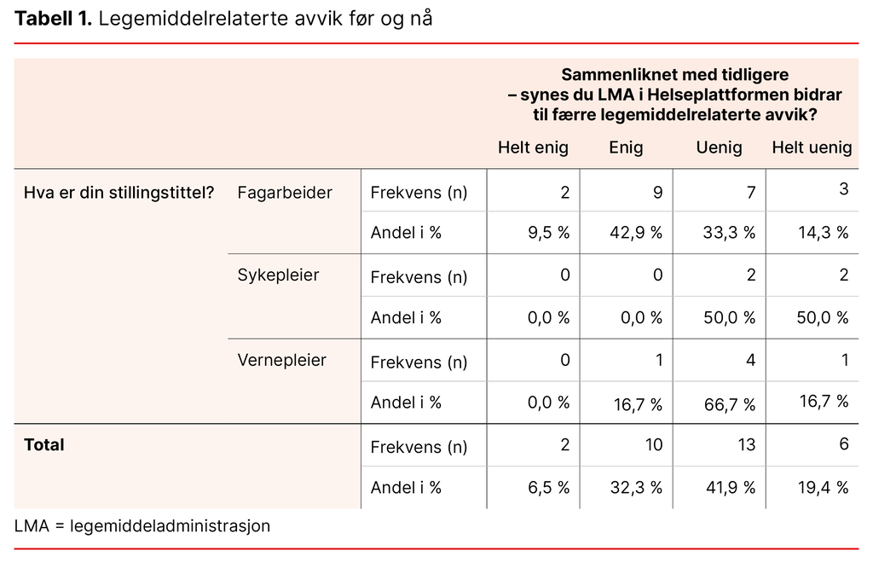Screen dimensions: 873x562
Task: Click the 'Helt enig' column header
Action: click(x=533, y=148)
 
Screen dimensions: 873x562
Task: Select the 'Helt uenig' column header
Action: click(x=812, y=148)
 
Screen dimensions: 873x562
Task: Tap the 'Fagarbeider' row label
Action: click(x=285, y=193)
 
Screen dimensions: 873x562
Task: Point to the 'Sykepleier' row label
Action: click(x=278, y=275)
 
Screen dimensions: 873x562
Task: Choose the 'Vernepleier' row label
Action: click(x=281, y=360)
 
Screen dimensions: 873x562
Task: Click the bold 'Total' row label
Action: click(x=44, y=444)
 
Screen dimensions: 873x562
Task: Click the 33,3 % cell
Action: click(x=729, y=233)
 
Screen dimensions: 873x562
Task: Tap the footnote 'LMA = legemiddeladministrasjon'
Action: click(x=142, y=526)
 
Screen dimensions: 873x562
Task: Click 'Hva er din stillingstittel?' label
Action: click(x=119, y=193)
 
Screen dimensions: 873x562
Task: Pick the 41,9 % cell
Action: click(x=729, y=488)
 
